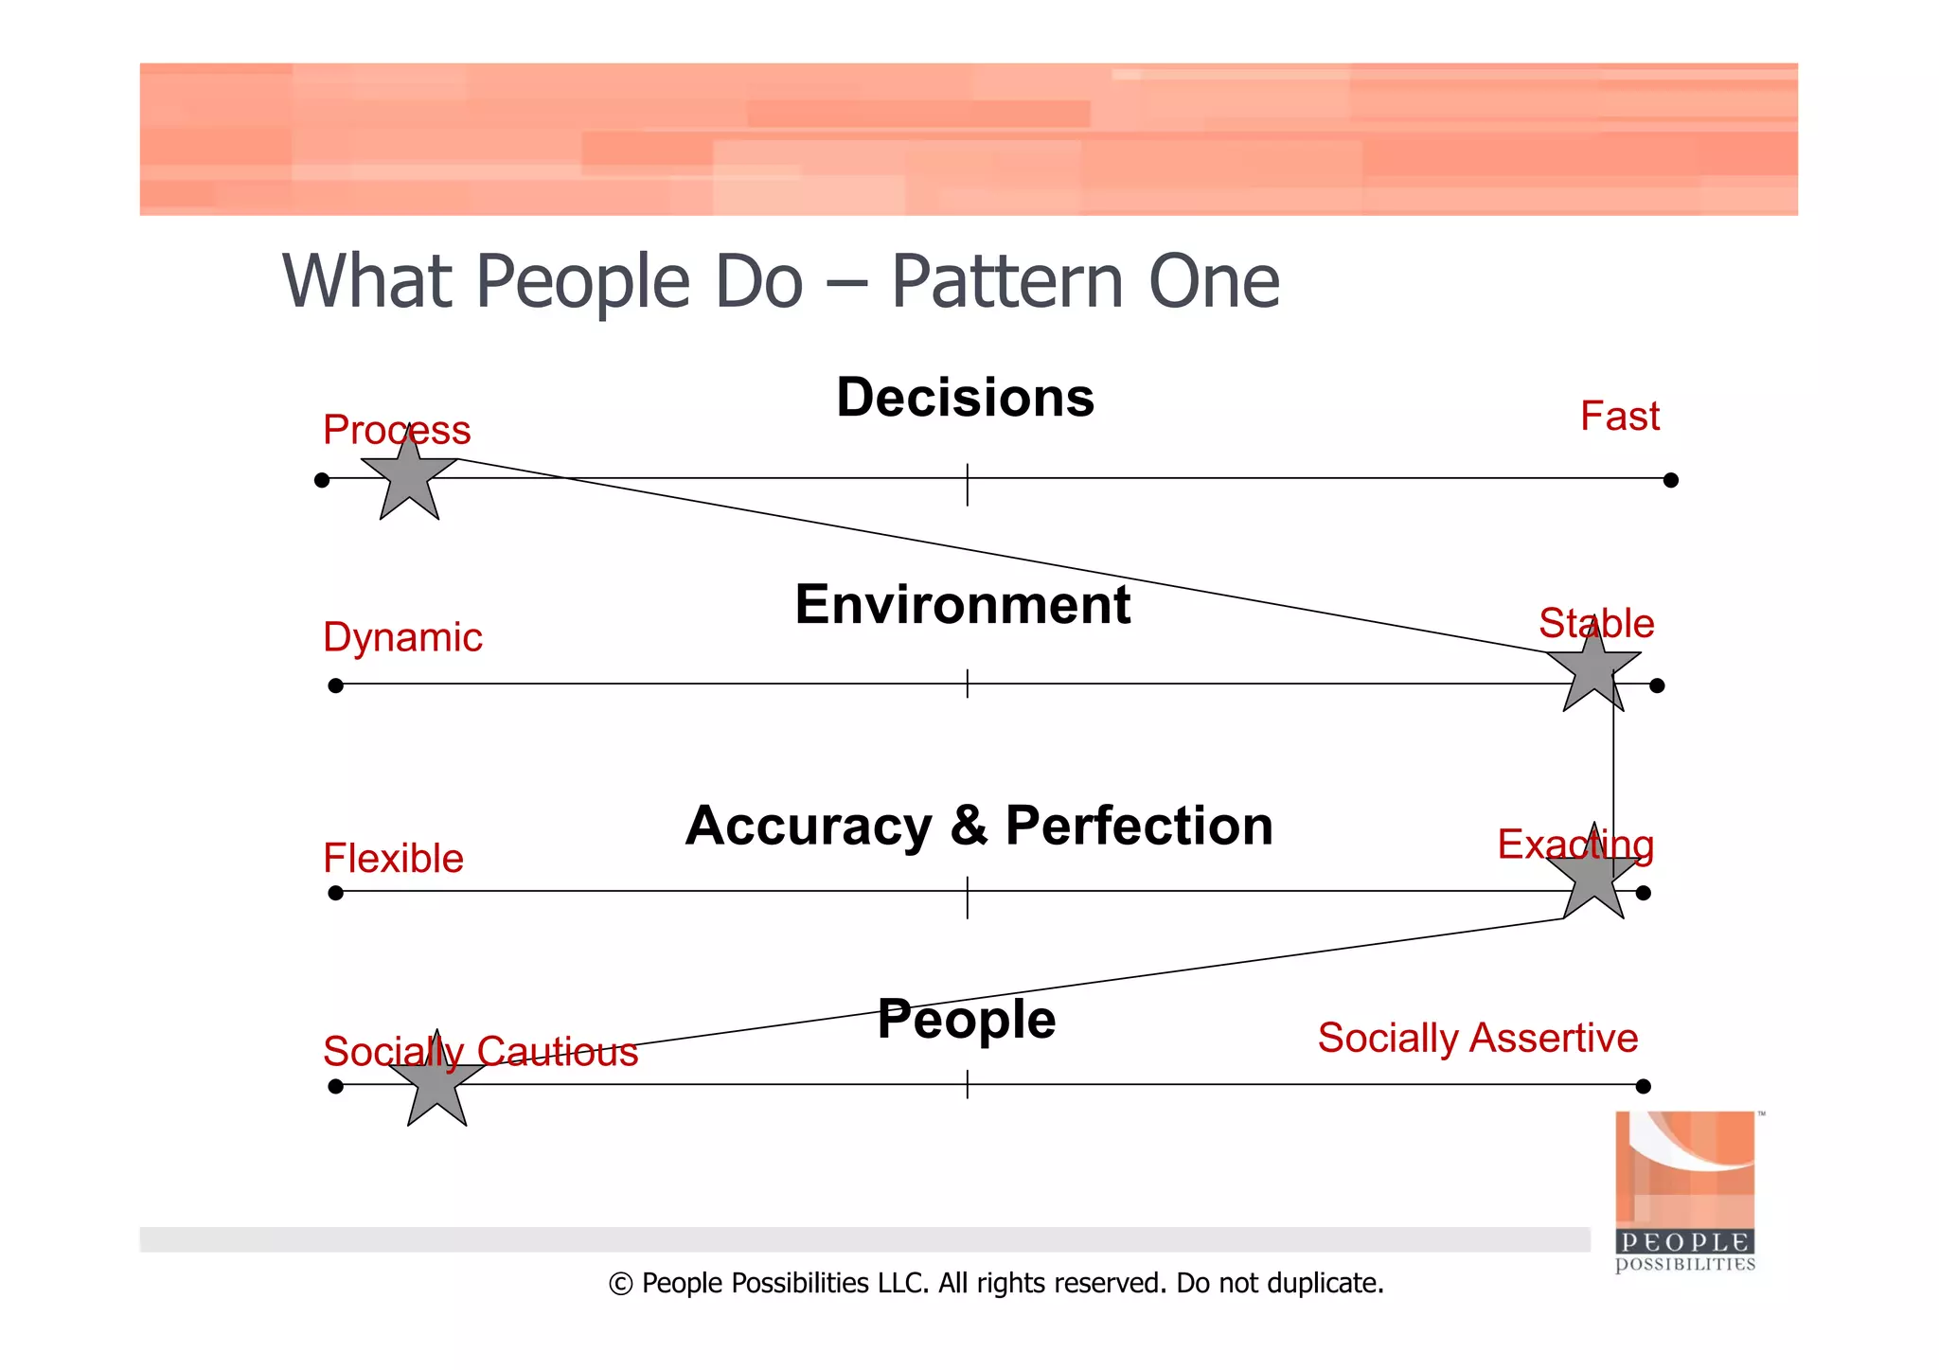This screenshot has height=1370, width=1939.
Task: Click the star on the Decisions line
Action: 409,479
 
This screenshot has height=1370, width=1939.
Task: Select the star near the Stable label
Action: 1594,669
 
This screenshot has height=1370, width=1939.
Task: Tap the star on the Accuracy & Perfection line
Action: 1594,877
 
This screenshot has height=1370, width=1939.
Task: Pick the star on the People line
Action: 436,1084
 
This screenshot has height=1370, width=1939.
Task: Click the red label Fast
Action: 1619,417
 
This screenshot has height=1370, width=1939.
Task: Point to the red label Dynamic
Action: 402,637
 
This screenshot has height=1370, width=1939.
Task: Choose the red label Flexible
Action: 393,859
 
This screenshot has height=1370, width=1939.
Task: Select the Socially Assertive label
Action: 1477,1038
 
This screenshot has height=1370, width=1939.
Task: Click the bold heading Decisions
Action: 965,398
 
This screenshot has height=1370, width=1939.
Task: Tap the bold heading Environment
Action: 962,605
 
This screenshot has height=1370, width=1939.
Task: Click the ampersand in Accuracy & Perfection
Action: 969,826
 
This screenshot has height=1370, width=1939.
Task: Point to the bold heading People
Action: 966,1020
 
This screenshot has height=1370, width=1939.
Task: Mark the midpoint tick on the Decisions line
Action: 967,484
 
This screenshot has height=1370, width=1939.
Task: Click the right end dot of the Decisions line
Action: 1670,480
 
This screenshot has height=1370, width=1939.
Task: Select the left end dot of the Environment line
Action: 335,685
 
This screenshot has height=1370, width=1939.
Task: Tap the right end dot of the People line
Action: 1643,1086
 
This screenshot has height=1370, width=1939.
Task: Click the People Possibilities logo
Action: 1684,1191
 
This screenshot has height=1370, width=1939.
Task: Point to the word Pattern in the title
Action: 1006,282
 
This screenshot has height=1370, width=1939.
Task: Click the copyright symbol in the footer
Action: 620,1284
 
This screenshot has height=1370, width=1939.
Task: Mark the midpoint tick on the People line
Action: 967,1084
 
